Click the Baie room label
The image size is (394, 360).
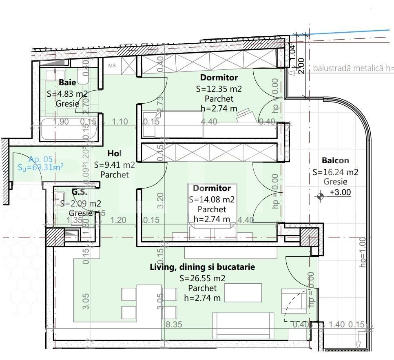coord(67,82)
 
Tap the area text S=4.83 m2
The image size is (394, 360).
coord(67,93)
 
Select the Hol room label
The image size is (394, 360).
coord(115,153)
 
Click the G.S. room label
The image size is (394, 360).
coord(80,191)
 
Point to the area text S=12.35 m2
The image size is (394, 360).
coord(219,88)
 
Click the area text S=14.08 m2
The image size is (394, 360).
coord(212,200)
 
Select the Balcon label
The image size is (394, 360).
coord(335,161)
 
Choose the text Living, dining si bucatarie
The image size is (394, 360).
coord(202,267)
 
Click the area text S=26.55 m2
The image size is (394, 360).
coord(202,278)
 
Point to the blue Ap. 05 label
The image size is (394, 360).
coord(41,159)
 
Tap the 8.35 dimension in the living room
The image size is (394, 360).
coord(174,325)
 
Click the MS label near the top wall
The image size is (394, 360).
coord(112,65)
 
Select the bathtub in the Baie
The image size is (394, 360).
coord(69,129)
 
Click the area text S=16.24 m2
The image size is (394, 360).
coord(335,172)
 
